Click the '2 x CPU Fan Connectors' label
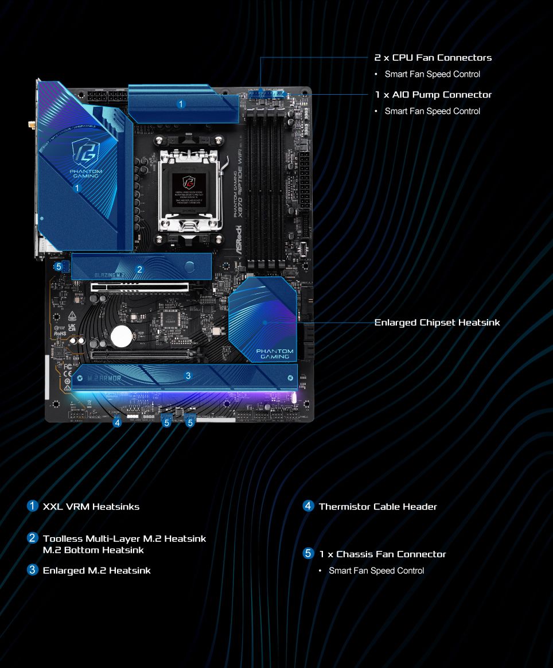point(433,57)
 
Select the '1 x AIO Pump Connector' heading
point(433,95)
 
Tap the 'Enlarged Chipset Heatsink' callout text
point(437,323)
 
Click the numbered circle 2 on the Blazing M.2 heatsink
point(139,269)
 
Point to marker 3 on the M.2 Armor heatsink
point(188,376)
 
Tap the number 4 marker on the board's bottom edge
point(117,422)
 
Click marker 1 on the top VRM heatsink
point(181,104)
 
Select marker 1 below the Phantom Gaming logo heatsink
point(77,187)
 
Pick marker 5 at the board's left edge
point(58,267)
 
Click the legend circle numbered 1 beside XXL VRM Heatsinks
point(33,506)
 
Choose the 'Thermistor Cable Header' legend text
point(377,507)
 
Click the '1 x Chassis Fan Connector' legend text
point(383,554)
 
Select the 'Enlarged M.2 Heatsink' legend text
point(97,570)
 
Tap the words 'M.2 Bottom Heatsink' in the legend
point(94,550)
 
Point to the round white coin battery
point(122,336)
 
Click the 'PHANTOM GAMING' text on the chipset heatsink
point(274,354)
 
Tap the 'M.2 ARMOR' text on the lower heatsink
point(104,378)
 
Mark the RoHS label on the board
point(60,332)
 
